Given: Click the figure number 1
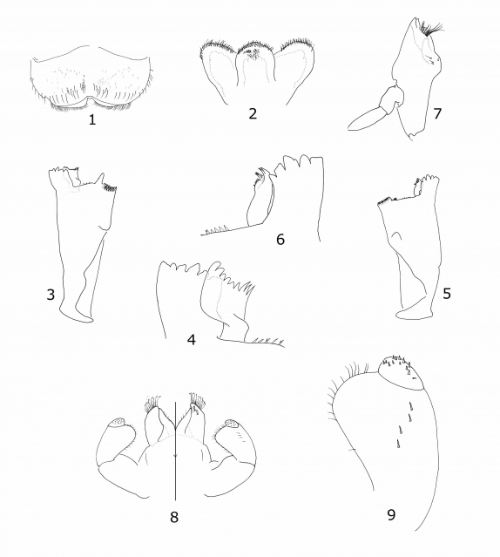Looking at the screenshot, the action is (92, 120).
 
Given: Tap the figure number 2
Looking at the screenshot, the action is (253, 113).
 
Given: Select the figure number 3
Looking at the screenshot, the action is (51, 294).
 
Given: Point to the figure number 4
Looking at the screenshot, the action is (192, 340).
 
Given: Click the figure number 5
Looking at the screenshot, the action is (447, 294).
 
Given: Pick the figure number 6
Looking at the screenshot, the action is (280, 240).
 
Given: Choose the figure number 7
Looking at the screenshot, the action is (437, 113).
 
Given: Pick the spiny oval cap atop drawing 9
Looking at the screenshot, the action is (401, 373).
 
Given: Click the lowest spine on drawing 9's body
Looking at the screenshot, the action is (397, 444).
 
